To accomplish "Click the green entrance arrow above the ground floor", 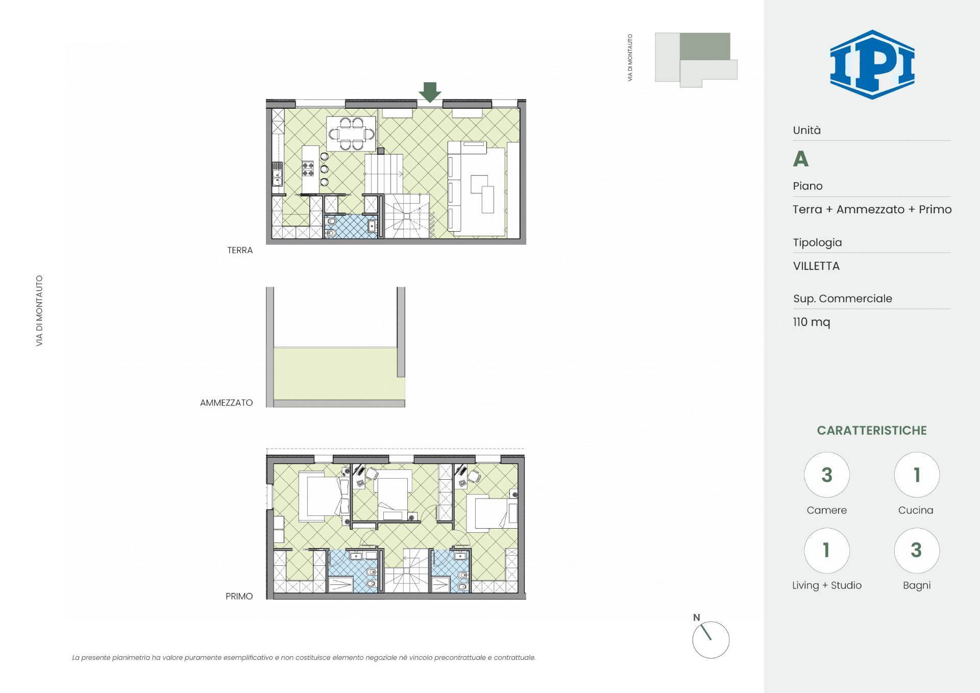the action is [x=430, y=92].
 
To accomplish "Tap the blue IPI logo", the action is [x=872, y=64].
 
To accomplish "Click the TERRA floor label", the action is [x=240, y=250].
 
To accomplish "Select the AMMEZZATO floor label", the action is [x=226, y=403].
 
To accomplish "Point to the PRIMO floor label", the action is [x=239, y=596].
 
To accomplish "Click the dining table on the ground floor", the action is [x=351, y=134].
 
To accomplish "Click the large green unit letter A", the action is [x=800, y=159].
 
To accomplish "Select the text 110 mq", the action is [x=812, y=322].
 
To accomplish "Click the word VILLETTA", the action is [x=816, y=266].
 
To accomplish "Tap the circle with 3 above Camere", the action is [x=827, y=475].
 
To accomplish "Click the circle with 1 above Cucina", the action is [x=917, y=475].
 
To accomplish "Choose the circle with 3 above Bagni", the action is [x=917, y=550].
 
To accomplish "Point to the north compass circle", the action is [x=710, y=640].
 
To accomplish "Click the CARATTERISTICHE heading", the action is [x=872, y=430].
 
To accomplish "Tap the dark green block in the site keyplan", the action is [x=705, y=46].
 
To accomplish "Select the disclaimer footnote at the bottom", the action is [x=304, y=657].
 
